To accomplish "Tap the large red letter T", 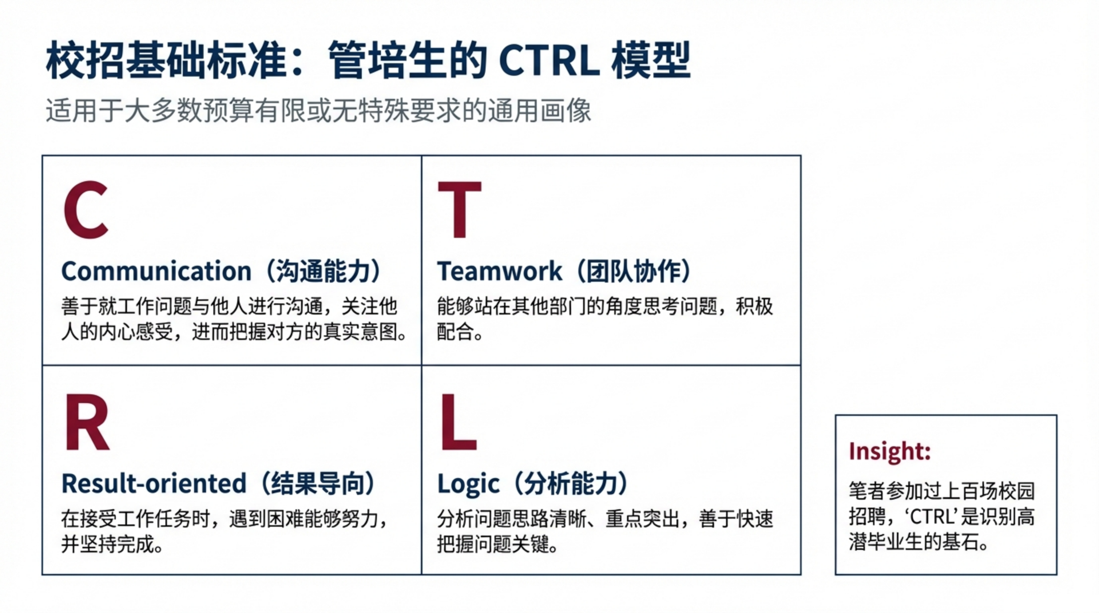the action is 460,209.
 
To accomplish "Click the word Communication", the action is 157,271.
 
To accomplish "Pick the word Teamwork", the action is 500,271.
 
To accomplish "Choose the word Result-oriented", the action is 154,483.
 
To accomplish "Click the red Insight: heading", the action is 890,451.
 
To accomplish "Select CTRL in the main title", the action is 549,61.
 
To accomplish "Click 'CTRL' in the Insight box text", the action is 931,517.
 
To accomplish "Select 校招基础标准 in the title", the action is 166,61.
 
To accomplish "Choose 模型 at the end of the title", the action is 651,61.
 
